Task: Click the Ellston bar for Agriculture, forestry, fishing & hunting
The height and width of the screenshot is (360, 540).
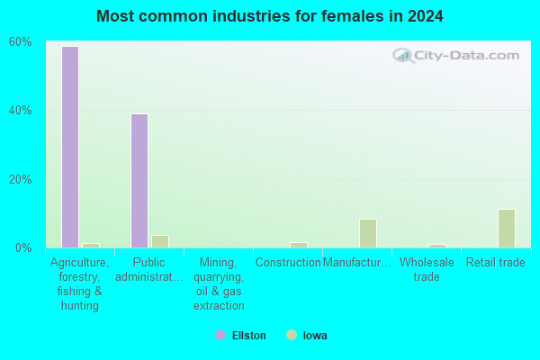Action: pos(70,147)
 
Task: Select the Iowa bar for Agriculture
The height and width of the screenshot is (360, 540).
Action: pos(91,246)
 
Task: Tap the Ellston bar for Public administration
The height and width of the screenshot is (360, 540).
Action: pos(139,181)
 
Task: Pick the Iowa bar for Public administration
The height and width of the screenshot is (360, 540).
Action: pos(160,241)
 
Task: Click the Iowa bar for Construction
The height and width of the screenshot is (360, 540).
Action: pos(299,246)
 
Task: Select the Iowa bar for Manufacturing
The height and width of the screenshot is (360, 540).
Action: pos(368,233)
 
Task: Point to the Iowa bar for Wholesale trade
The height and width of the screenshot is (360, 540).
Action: pos(437,246)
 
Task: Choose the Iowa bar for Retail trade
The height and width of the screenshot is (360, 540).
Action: pos(507,229)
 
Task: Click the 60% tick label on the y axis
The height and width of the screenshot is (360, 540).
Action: pos(21,42)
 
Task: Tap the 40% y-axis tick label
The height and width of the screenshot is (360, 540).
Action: pos(21,111)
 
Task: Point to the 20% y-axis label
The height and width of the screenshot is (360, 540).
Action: pos(21,179)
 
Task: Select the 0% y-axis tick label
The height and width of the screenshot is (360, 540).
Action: pos(23,248)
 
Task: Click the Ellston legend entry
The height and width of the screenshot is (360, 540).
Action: pos(240,335)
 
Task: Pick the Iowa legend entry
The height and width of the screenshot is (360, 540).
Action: pos(307,335)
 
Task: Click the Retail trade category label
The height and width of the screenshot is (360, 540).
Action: pos(496,263)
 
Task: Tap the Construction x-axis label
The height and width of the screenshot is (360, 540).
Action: pos(288,263)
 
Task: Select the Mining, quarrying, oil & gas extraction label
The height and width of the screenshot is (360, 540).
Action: pos(219,283)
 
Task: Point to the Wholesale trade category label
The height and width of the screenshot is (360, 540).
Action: pos(427,269)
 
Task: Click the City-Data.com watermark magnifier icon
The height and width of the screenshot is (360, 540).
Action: pos(403,56)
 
